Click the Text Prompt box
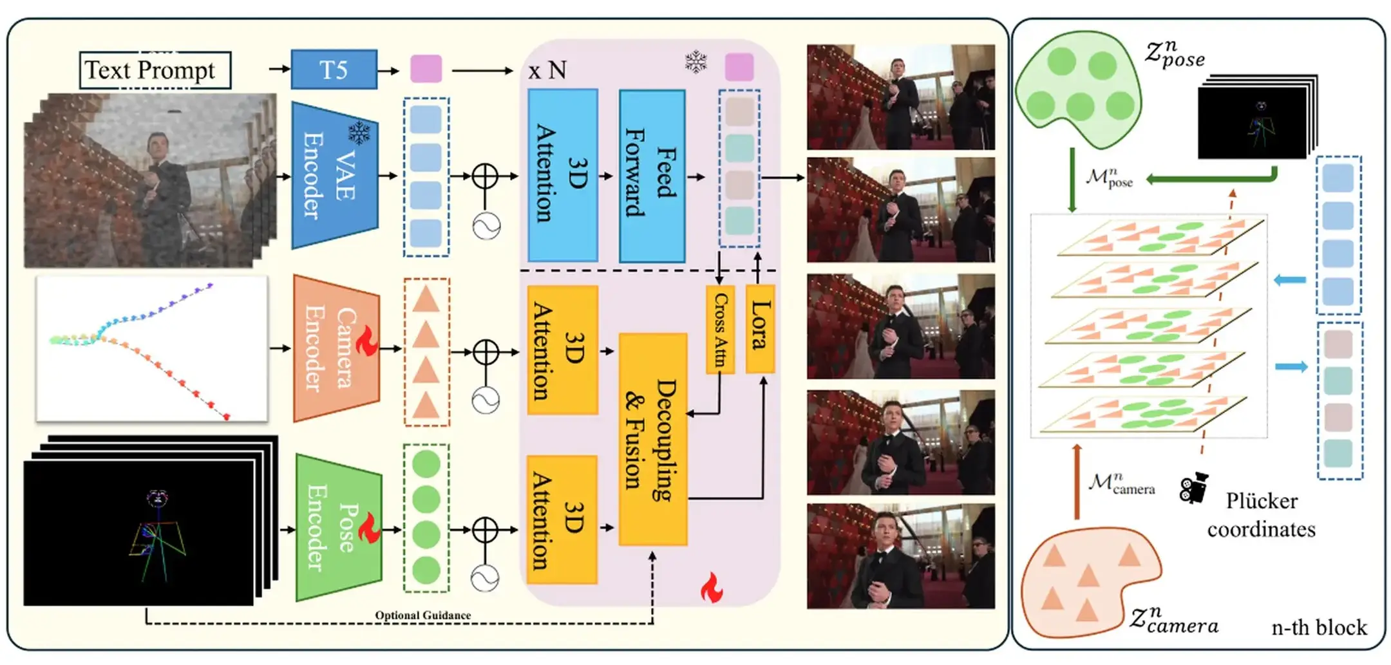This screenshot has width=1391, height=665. point(155,70)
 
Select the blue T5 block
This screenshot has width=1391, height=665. point(334,70)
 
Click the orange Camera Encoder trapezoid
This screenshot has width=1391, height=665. point(336,348)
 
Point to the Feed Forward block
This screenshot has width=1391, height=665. point(652,176)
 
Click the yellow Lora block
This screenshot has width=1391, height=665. point(760,328)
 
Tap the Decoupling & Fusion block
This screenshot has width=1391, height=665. point(652,439)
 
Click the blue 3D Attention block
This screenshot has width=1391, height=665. point(562,175)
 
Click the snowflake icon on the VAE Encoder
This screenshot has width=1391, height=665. point(359,133)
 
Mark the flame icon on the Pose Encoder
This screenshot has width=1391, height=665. point(369,528)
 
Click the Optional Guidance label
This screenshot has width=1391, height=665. point(422,615)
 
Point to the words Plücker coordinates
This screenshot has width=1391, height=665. point(1260,515)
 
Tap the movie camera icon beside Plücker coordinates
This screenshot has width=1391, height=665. point(1193,488)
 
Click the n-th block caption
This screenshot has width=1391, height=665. point(1318,627)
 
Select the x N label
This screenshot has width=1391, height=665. point(547,70)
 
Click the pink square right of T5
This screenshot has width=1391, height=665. point(426,69)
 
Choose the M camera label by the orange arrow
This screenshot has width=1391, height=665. point(1121,484)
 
